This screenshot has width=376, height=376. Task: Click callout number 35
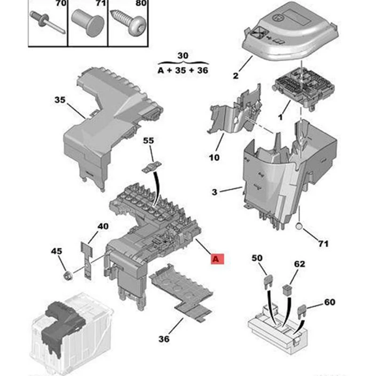pyautogui.click(x=60, y=101)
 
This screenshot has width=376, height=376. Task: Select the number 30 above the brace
pyautogui.click(x=183, y=55)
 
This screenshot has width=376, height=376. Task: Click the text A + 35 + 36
pyautogui.click(x=183, y=71)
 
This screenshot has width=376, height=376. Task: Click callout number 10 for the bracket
pyautogui.click(x=214, y=157)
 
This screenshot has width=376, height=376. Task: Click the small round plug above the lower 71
pyautogui.click(x=299, y=227)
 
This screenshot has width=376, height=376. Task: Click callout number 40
pyautogui.click(x=103, y=227)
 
